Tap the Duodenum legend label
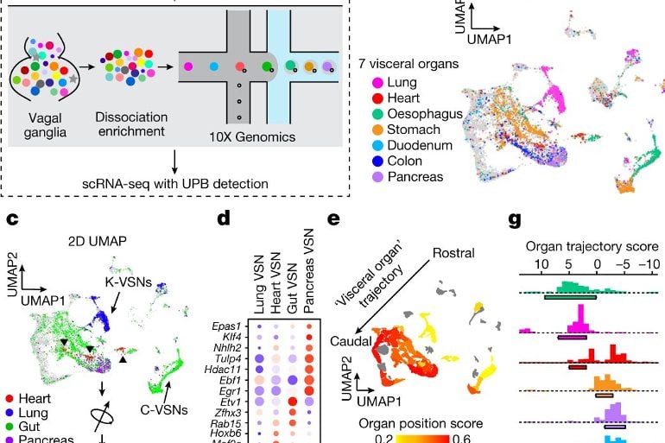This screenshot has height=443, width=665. [426, 145]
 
